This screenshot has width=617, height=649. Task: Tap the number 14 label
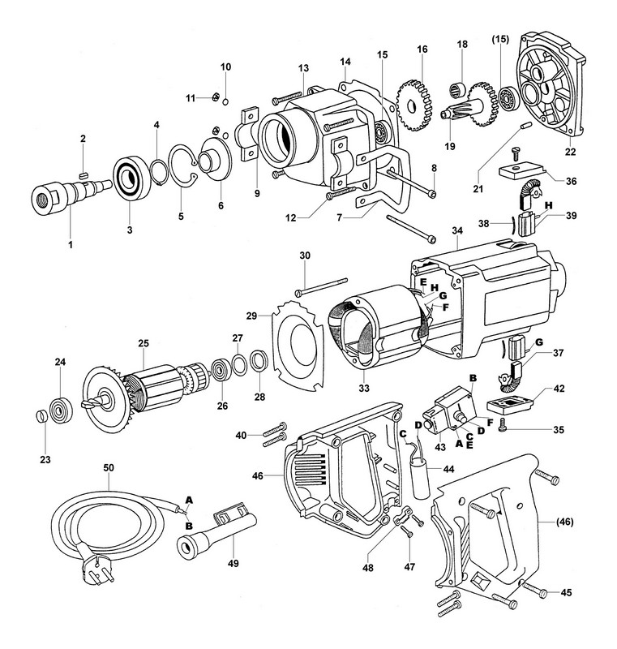(x=345, y=62)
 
